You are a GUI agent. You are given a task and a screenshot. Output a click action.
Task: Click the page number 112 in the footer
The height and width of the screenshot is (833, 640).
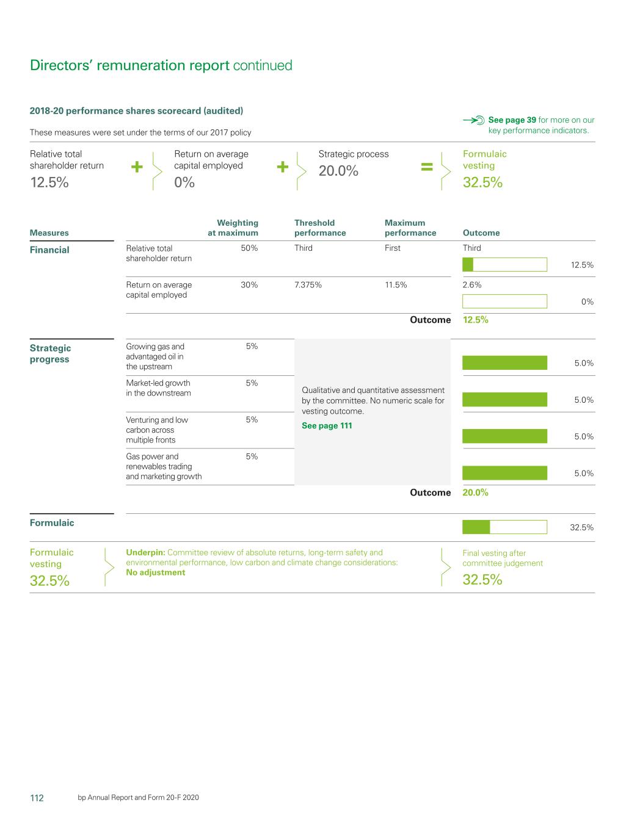[x=37, y=798]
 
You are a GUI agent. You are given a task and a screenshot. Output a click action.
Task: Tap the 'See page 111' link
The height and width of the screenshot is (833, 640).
[x=327, y=426]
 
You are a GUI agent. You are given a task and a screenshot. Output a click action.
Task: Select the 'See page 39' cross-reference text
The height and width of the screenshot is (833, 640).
[x=512, y=120]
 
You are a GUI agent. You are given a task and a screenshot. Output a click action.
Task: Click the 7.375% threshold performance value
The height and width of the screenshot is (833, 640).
[x=308, y=285]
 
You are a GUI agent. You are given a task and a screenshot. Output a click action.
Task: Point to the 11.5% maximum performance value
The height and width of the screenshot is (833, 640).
[x=396, y=285]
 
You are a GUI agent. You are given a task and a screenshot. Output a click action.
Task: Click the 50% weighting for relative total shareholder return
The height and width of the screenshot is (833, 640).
[x=249, y=248]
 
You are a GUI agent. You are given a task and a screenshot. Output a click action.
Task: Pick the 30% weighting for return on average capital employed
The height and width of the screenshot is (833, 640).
[x=249, y=285]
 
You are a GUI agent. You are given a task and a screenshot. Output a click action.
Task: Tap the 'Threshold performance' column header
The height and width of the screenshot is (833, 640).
[x=320, y=228]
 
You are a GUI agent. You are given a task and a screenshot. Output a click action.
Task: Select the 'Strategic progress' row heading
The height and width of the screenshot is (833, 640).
[x=50, y=353]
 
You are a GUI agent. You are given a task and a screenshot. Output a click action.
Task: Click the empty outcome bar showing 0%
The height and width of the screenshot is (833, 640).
[x=504, y=301]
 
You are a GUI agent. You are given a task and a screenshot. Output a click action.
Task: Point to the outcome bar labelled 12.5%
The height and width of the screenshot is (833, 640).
[x=504, y=265]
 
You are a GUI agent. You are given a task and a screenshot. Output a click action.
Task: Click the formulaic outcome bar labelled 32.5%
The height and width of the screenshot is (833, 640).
[x=504, y=527]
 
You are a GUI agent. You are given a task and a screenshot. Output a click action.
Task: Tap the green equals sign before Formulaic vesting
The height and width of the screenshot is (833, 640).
[x=427, y=167]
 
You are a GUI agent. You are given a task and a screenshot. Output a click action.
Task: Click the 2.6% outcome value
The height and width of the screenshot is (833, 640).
[x=472, y=285]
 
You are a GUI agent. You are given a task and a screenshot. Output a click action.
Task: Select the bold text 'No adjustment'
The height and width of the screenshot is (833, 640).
[x=155, y=572]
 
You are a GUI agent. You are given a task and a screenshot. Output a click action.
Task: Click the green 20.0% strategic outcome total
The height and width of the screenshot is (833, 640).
[x=475, y=492]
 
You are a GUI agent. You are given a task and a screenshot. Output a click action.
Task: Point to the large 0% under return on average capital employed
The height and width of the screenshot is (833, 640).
[x=184, y=182]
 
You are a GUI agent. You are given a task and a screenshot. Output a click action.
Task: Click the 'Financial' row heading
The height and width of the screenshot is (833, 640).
[x=49, y=250]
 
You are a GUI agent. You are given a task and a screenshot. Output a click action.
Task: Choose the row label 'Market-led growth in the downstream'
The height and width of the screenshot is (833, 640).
[x=158, y=388]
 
